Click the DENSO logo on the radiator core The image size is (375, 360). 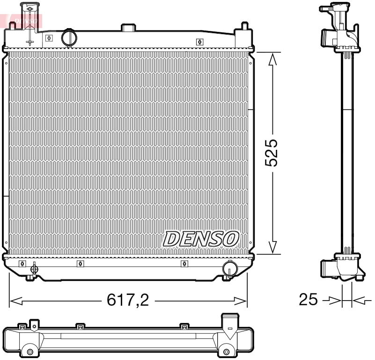click(x=201, y=239)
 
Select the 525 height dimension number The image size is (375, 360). click(x=271, y=153)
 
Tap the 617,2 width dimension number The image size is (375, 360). click(x=128, y=300)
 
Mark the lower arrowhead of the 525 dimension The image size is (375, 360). click(x=273, y=248)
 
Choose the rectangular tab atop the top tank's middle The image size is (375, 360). click(x=128, y=28)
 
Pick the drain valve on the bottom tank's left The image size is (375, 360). click(x=33, y=269)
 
